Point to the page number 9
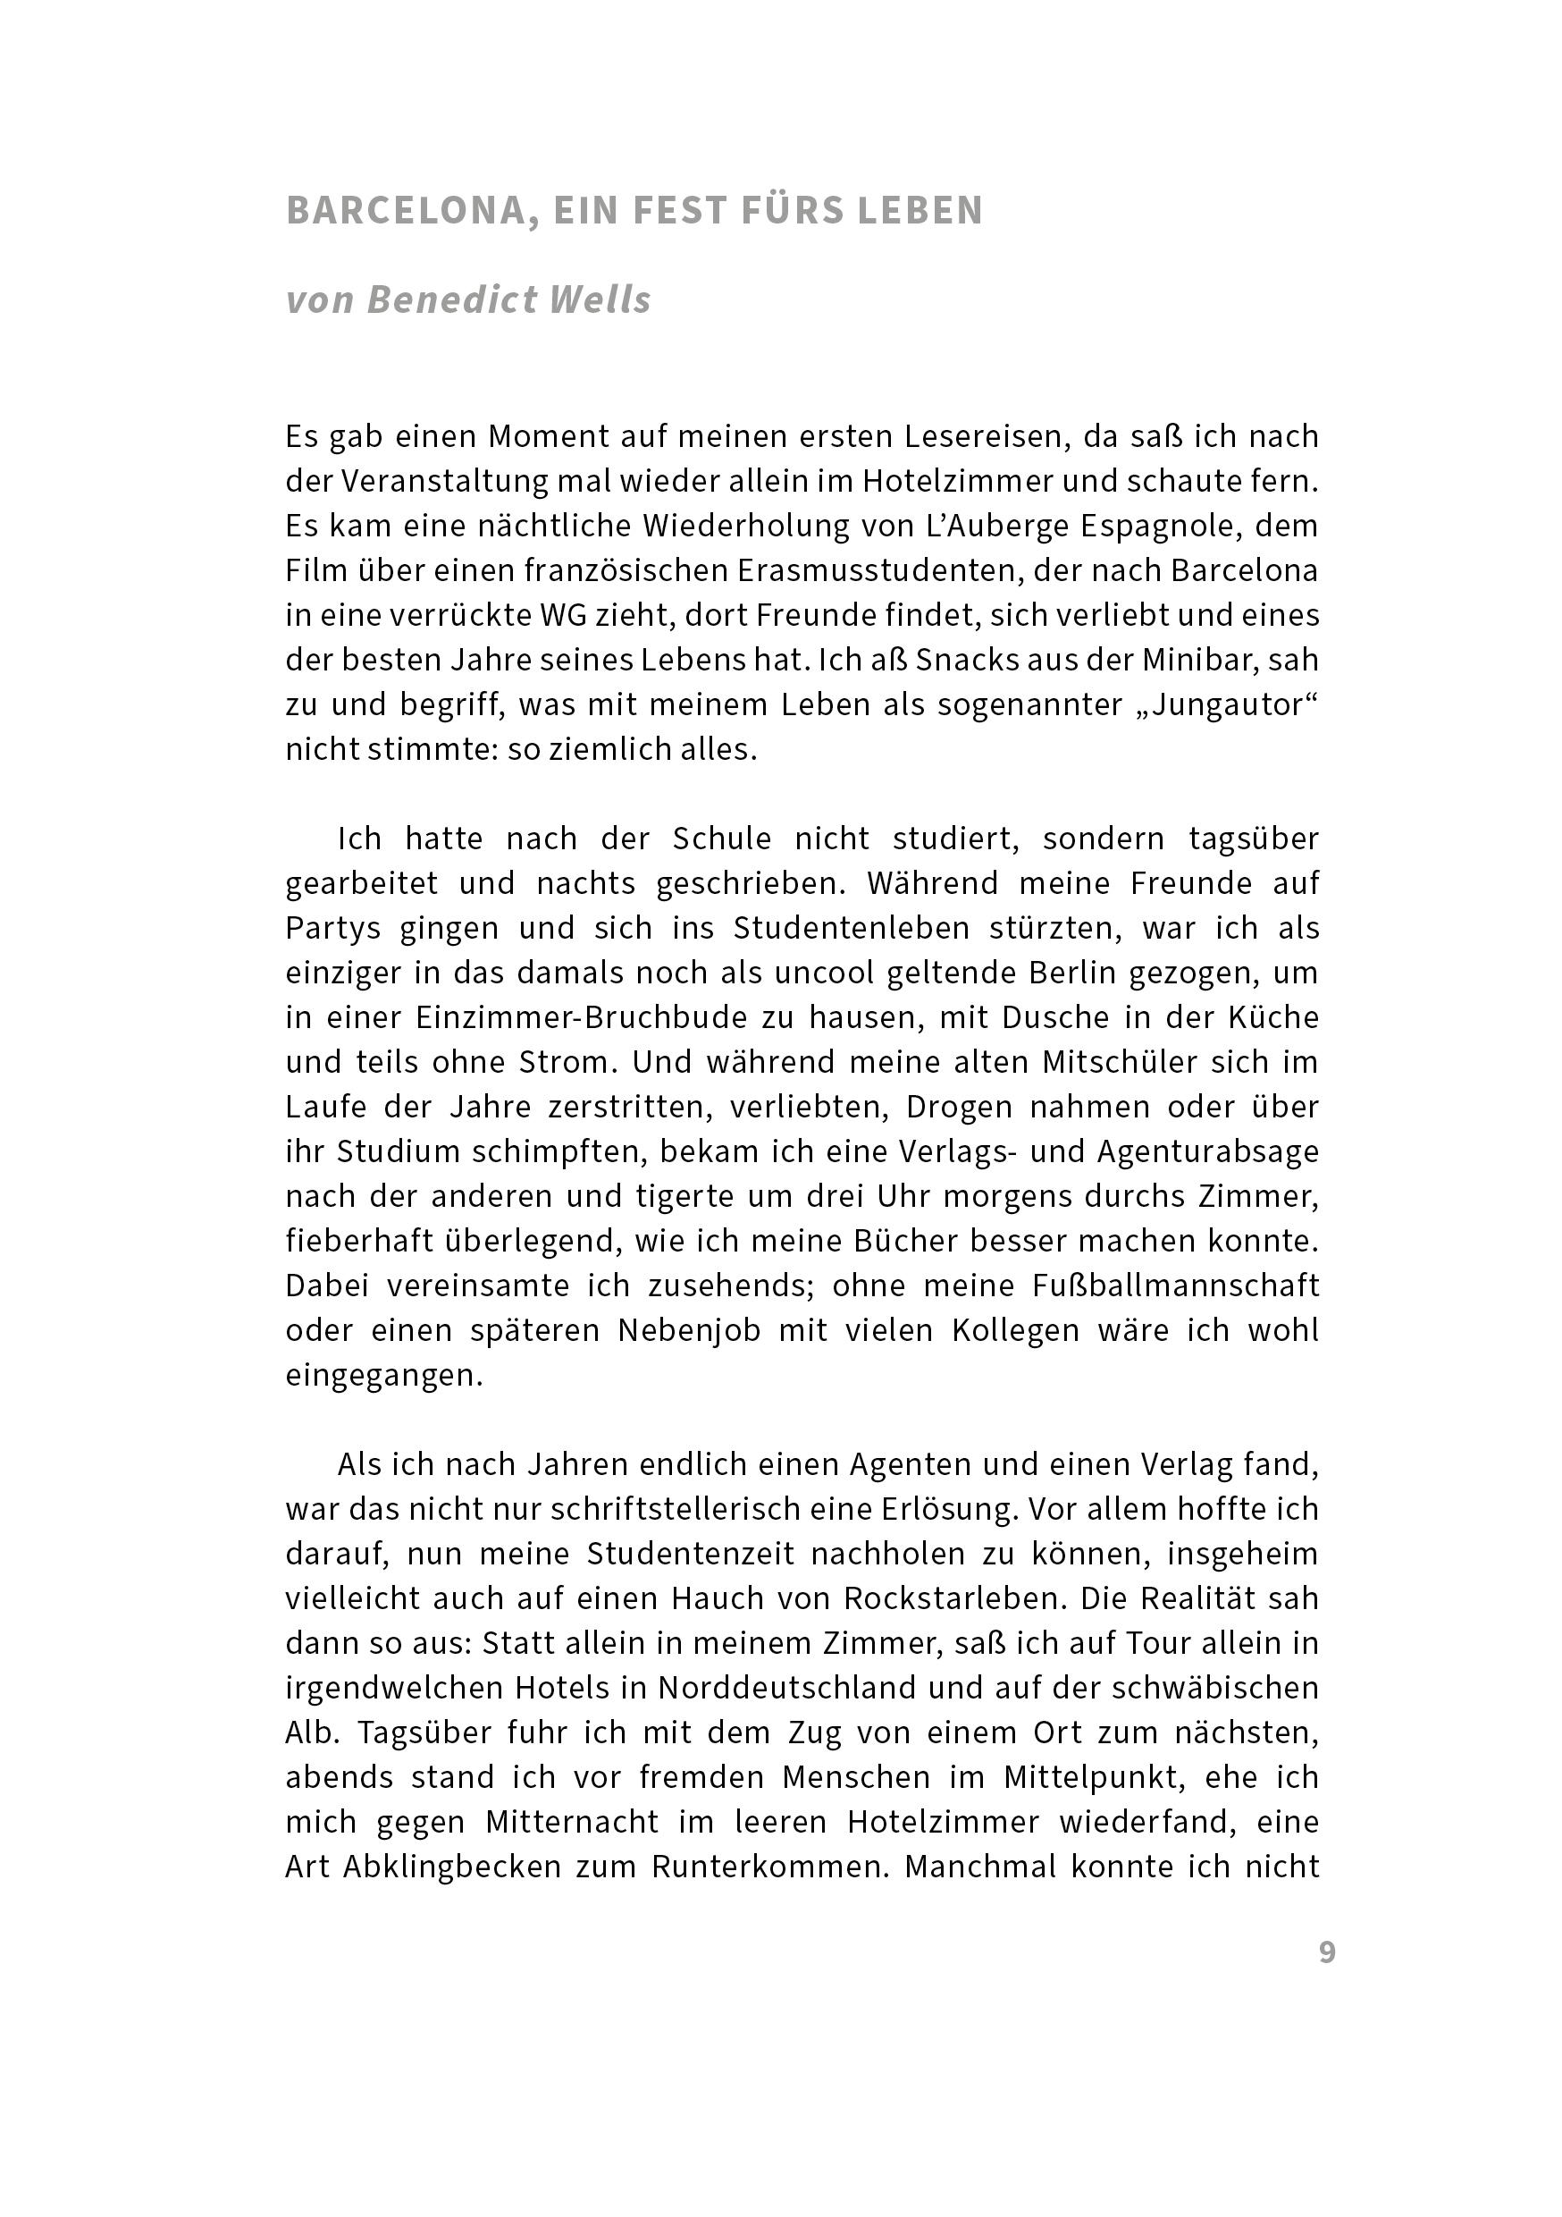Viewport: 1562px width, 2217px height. point(1326,1952)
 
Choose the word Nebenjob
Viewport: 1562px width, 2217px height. point(688,1330)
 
